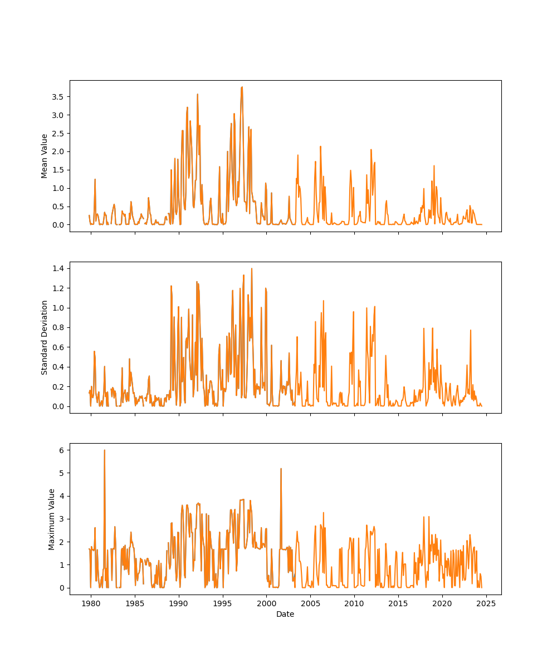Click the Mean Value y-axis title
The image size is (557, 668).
(x=45, y=156)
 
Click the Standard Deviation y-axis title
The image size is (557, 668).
(x=45, y=337)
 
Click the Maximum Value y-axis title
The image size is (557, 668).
(x=51, y=519)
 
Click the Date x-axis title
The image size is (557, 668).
(x=285, y=615)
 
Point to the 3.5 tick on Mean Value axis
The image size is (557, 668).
(x=58, y=96)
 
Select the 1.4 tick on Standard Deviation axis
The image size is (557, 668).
(x=58, y=268)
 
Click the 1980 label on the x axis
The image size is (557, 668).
(x=91, y=603)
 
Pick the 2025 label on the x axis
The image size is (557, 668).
(x=486, y=603)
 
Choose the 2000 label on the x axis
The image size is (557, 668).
(x=266, y=603)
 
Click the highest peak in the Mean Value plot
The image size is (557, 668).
(x=242, y=87)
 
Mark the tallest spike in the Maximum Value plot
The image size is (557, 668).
(x=104, y=450)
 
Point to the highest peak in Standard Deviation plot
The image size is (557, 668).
(x=251, y=269)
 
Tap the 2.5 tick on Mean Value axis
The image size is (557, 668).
(x=58, y=133)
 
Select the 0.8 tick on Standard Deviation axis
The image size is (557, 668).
(x=58, y=327)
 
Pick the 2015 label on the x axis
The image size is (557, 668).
(x=398, y=603)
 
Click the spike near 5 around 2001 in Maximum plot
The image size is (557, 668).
(x=281, y=469)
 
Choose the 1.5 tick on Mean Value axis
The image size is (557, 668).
(x=58, y=170)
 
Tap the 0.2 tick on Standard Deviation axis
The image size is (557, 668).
(x=58, y=386)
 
